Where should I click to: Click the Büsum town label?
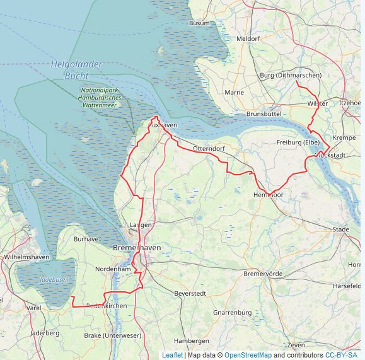point(199,23)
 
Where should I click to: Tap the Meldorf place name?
point(248,38)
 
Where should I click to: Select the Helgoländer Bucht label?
point(77,70)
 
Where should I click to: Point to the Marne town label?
point(234,92)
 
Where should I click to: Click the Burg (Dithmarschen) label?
point(290,76)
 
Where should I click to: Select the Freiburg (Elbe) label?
point(298,142)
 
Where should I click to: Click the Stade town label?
point(340,229)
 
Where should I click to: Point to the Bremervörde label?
point(263,274)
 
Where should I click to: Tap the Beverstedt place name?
point(190,293)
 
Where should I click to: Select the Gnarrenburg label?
point(232,313)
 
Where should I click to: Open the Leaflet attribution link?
point(172,355)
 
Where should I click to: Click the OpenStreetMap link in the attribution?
point(248,355)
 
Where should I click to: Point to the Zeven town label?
point(296,345)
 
